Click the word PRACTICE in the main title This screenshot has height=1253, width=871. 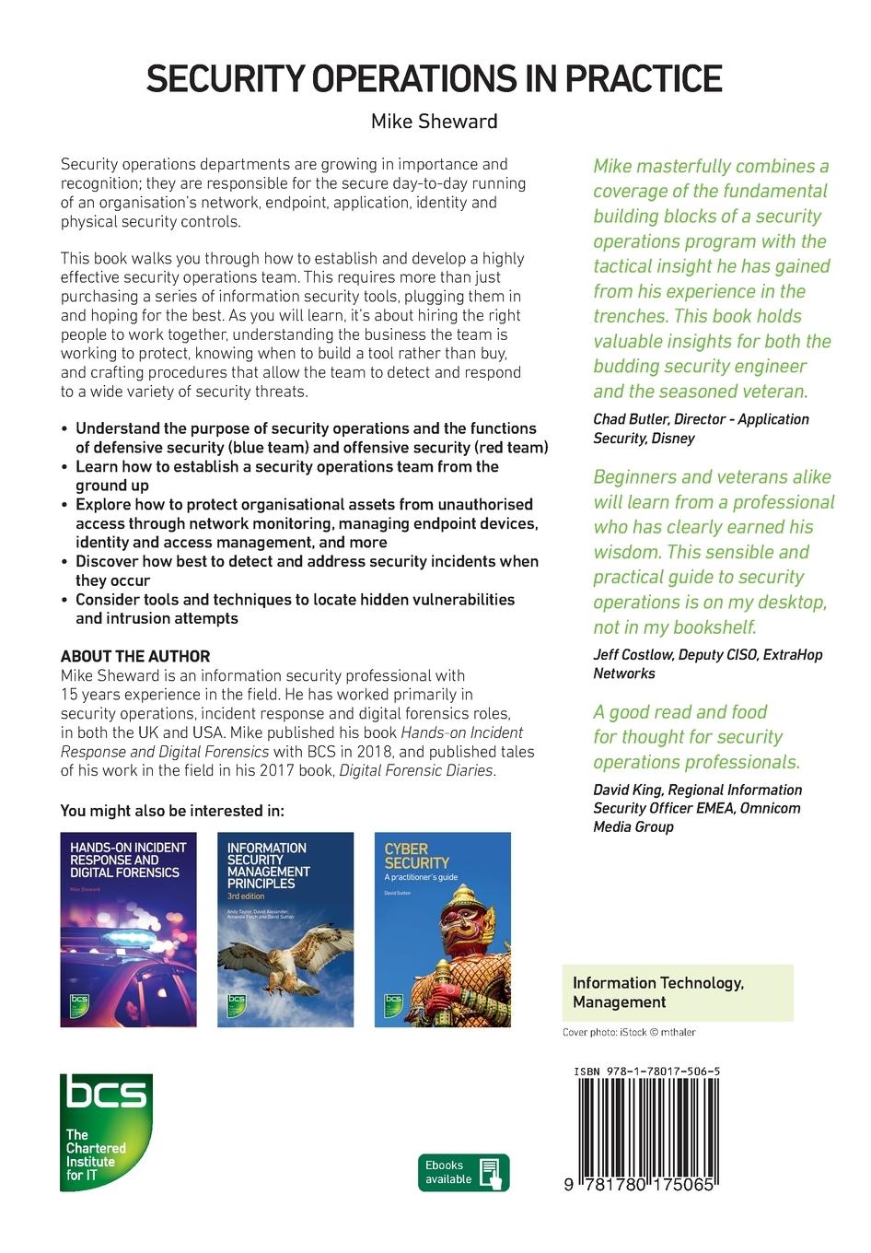click(644, 80)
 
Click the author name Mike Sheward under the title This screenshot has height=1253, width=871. click(434, 122)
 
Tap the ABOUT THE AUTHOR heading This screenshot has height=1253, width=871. click(135, 656)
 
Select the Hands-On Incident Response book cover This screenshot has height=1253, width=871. click(129, 929)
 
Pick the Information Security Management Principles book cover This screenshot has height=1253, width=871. click(285, 929)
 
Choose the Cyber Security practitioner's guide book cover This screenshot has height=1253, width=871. click(442, 929)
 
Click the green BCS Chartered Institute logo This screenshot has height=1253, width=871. click(106, 1131)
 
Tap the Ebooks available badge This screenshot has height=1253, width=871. click(463, 1172)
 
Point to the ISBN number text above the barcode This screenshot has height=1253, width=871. click(646, 1071)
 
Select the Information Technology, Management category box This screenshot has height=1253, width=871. click(678, 992)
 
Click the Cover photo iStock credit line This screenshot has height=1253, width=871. click(629, 1033)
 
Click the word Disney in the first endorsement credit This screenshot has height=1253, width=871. click(674, 439)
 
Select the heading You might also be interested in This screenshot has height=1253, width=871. click(172, 811)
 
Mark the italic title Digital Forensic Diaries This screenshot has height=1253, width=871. click(417, 770)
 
